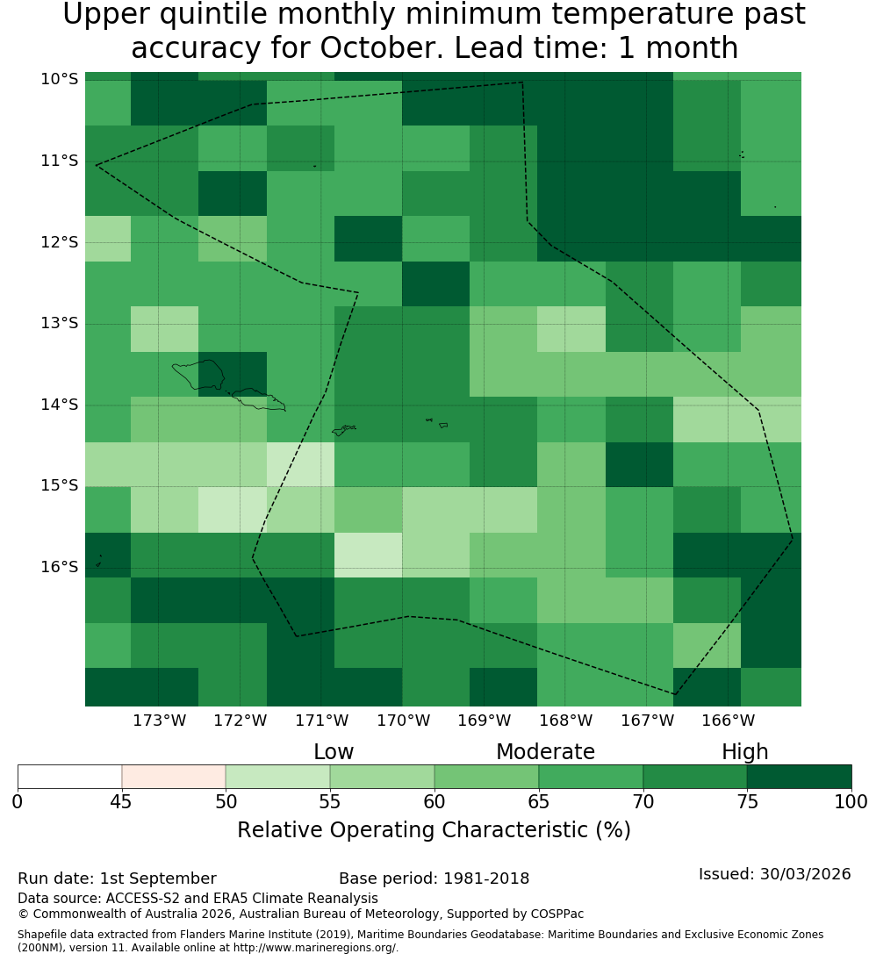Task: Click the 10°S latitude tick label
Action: pos(60,79)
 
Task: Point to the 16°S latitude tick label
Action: pos(60,567)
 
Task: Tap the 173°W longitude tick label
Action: pos(160,721)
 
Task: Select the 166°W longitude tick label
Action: pos(728,721)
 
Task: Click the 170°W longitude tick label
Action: pos(403,721)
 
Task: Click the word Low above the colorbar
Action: pos(334,751)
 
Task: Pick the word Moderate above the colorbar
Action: pos(545,751)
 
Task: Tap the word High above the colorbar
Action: pos(744,752)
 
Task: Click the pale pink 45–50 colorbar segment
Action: pos(174,777)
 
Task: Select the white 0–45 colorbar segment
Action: pos(70,777)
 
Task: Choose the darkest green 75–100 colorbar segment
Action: pos(799,777)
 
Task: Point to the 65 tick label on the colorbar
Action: pos(539,801)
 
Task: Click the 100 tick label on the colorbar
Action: pos(851,801)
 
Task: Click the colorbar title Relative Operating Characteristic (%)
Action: pos(434,830)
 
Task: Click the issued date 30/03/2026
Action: pos(805,874)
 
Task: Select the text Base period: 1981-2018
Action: pos(434,879)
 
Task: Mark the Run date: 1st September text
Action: pos(117,879)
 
